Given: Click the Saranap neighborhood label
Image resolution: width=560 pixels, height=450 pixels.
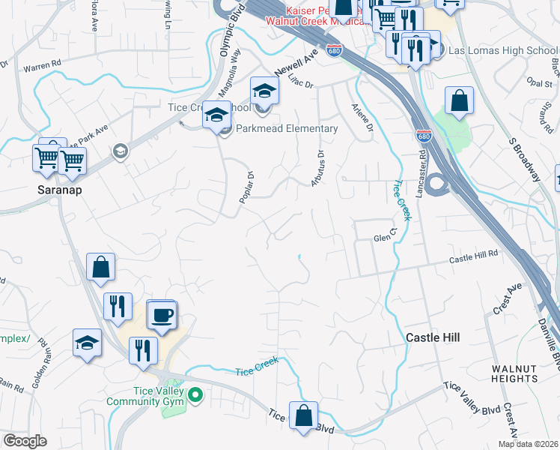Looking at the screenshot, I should coord(60,190).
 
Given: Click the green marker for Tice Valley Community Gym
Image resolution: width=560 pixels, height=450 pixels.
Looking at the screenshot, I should coord(196,393).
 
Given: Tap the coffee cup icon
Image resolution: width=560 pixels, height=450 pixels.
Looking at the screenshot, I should coord(161,315).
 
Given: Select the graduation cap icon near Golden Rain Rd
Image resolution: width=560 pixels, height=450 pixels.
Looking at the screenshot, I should coord(87,342).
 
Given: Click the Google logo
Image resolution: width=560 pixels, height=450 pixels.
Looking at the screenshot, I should coord(25,441).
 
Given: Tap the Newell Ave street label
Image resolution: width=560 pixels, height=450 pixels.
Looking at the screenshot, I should coord(296,61).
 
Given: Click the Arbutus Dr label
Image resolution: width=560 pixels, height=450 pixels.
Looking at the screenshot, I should coord(318,169).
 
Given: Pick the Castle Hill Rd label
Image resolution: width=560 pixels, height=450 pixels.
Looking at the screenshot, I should coord(473,259).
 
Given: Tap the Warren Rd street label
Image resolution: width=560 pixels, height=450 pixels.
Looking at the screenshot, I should coord(42,67).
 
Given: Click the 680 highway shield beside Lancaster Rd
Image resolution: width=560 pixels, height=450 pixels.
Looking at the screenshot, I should coord(422,135).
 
